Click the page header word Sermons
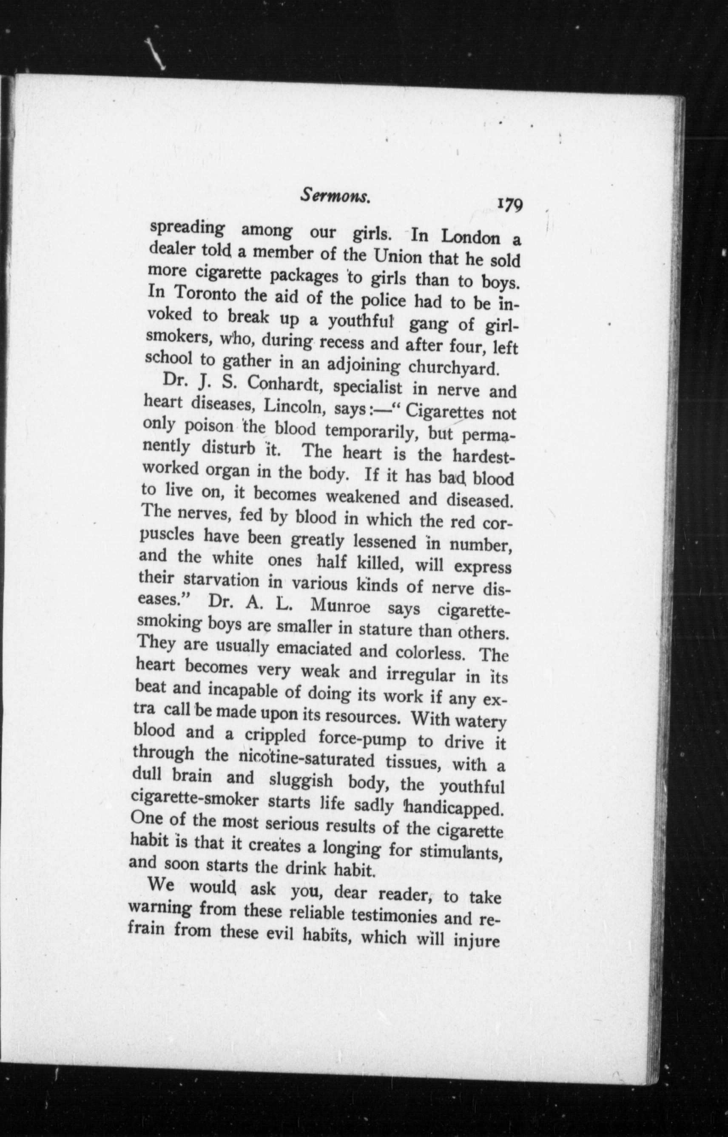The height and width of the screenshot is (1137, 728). click(335, 196)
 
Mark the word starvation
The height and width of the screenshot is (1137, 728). click(221, 580)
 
